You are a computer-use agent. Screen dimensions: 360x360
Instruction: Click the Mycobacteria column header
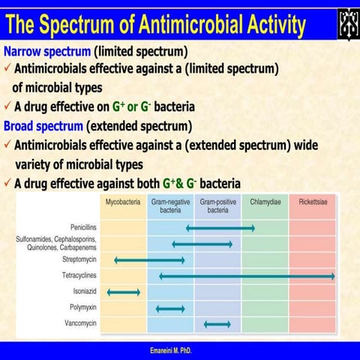123,202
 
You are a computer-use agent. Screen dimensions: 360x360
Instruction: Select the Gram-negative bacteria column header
170,206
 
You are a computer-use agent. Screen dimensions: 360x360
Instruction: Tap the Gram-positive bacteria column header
217,206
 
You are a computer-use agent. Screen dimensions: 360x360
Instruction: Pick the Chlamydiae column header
265,202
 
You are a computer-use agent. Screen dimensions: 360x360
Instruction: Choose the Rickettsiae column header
312,202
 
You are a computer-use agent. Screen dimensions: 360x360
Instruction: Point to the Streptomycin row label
80,260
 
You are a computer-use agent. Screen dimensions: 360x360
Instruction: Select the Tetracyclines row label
79,276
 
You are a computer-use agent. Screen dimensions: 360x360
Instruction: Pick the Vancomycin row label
82,323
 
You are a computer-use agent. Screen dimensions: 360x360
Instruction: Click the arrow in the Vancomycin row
217,324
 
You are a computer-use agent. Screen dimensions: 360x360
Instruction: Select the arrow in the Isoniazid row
124,292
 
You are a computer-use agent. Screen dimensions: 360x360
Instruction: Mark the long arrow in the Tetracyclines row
247,277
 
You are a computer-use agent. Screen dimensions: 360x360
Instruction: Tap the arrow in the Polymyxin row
169,308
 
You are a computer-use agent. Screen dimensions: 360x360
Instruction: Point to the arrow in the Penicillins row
220,227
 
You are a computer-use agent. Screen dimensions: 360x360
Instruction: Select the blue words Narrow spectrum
49,52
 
